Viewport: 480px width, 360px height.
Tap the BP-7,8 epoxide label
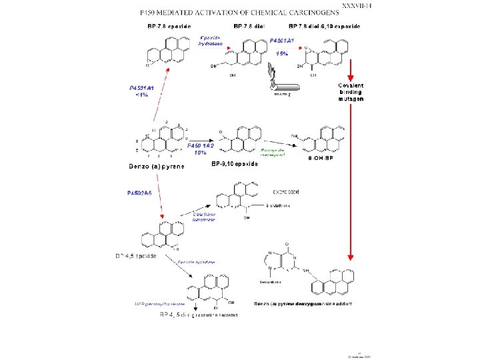(170, 27)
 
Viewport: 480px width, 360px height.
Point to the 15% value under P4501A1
(283, 53)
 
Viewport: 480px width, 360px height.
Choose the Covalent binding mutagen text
(351, 91)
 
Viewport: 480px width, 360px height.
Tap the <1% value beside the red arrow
(141, 95)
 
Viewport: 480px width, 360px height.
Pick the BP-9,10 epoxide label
(233, 163)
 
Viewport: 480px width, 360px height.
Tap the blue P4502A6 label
(139, 193)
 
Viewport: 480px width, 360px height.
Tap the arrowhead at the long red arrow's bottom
(350, 257)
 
